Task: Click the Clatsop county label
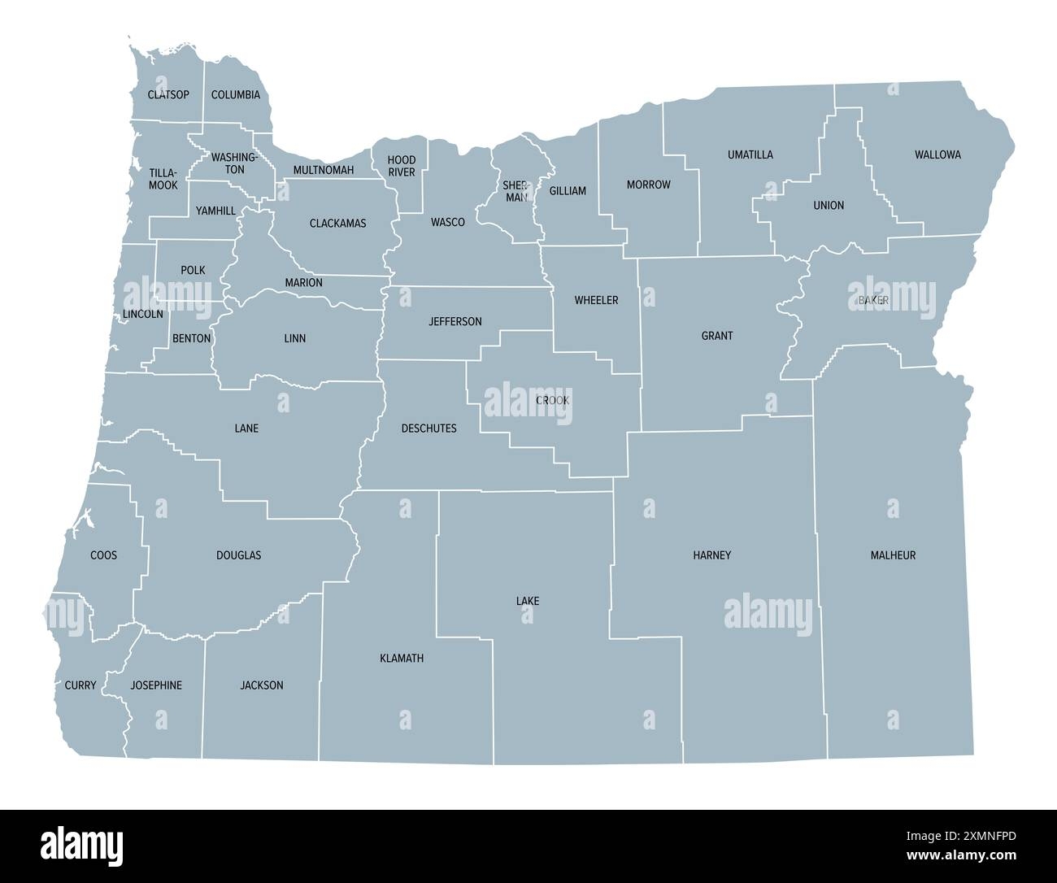click(168, 94)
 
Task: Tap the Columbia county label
click(236, 94)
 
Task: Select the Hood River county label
click(402, 166)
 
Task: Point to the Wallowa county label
click(937, 154)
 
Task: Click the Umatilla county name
click(750, 154)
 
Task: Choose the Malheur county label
click(893, 555)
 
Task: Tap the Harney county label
click(712, 555)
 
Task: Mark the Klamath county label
click(402, 658)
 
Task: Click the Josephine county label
click(156, 685)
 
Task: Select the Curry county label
click(80, 685)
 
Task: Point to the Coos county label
click(103, 555)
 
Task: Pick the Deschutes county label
click(429, 428)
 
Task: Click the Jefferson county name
click(455, 321)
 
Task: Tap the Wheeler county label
click(596, 300)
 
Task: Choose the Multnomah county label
click(324, 170)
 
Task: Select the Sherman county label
click(515, 191)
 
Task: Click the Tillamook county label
click(163, 179)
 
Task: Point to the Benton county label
click(192, 338)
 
